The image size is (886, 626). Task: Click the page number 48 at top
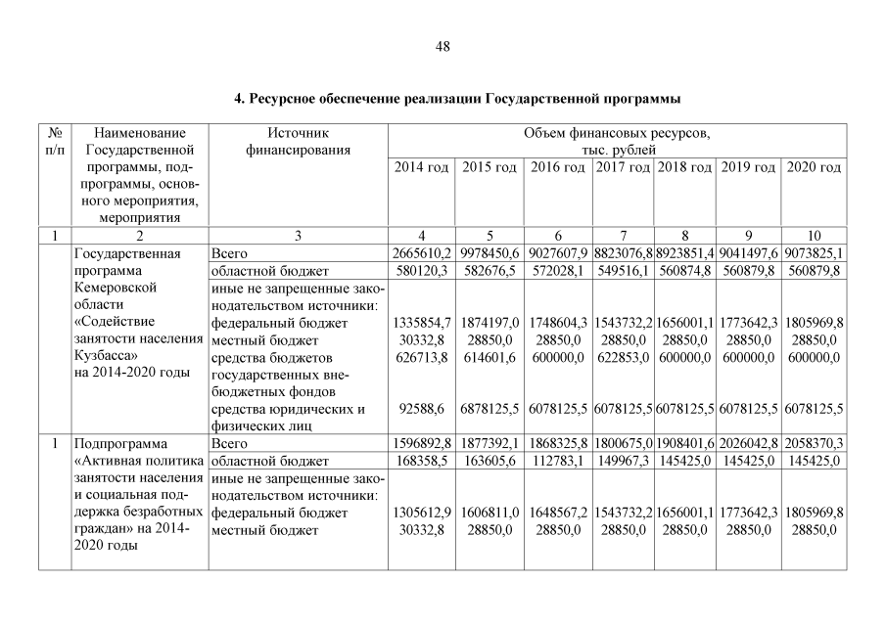click(443, 47)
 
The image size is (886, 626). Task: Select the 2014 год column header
click(421, 168)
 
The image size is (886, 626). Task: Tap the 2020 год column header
click(814, 168)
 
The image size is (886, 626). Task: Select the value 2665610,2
click(421, 253)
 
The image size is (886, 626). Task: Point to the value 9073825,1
click(814, 253)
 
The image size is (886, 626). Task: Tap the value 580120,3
click(421, 270)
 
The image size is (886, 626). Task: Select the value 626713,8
click(421, 357)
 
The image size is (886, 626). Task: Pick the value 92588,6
click(421, 409)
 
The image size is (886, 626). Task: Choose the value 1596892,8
click(421, 443)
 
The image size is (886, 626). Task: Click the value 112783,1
click(558, 461)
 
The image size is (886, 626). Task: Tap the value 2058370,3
click(814, 443)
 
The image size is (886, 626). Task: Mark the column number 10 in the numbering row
click(814, 236)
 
